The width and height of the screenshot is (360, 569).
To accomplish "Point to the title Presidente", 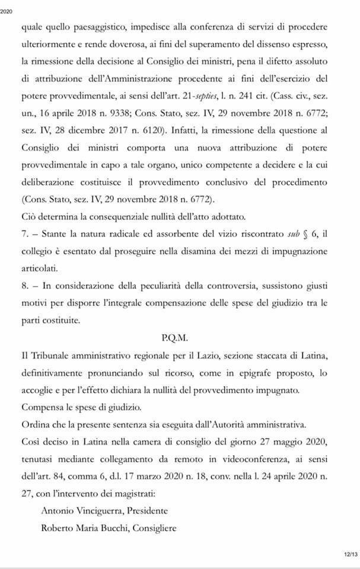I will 147,511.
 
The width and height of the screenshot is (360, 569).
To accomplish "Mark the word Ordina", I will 35,424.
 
